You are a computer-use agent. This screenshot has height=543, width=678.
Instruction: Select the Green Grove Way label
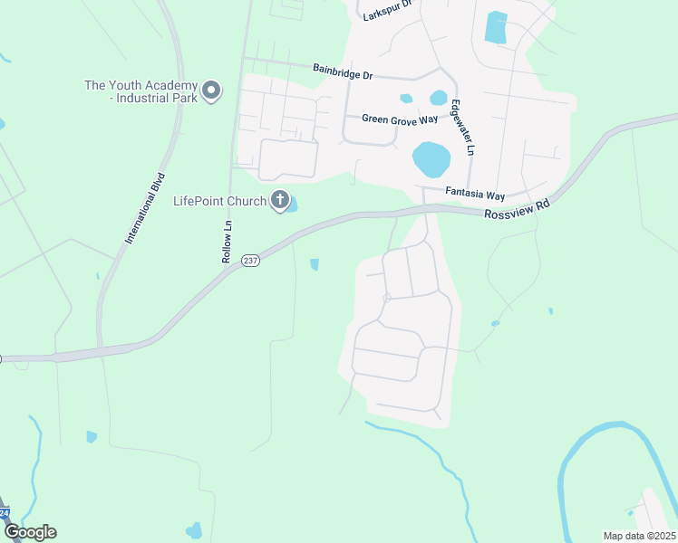click(x=400, y=119)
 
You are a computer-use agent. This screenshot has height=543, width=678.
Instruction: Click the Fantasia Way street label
click(x=475, y=193)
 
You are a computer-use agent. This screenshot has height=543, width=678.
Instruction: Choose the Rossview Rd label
click(x=517, y=210)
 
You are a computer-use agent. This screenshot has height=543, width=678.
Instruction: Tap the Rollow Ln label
click(x=228, y=242)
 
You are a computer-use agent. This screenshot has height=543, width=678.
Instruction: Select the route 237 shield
click(x=251, y=260)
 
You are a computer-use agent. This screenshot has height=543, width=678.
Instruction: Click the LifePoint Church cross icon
click(x=280, y=200)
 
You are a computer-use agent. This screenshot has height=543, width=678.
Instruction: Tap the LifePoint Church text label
click(x=219, y=201)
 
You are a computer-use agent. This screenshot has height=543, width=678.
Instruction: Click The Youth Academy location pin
click(x=211, y=90)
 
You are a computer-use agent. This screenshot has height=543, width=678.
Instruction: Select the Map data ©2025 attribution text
click(x=638, y=536)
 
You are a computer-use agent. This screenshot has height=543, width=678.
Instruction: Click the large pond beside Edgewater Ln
click(x=431, y=159)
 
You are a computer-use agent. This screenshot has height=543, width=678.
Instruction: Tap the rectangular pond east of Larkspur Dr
click(x=496, y=27)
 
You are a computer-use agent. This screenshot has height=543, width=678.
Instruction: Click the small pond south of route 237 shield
click(x=315, y=264)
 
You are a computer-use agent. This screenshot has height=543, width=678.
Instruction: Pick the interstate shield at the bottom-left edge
click(x=4, y=513)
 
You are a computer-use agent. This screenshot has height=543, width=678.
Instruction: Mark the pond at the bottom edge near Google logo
click(x=194, y=530)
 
